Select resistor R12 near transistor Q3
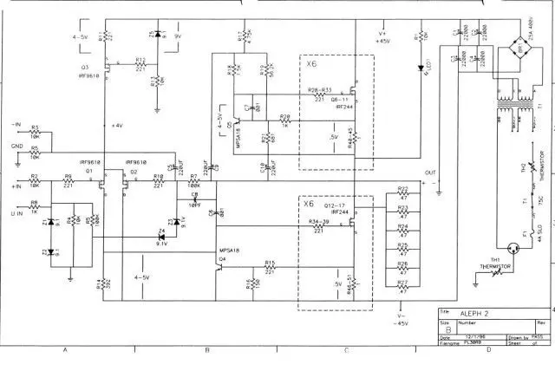(140, 66)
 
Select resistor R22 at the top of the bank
(402, 194)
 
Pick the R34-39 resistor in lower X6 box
(318, 226)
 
